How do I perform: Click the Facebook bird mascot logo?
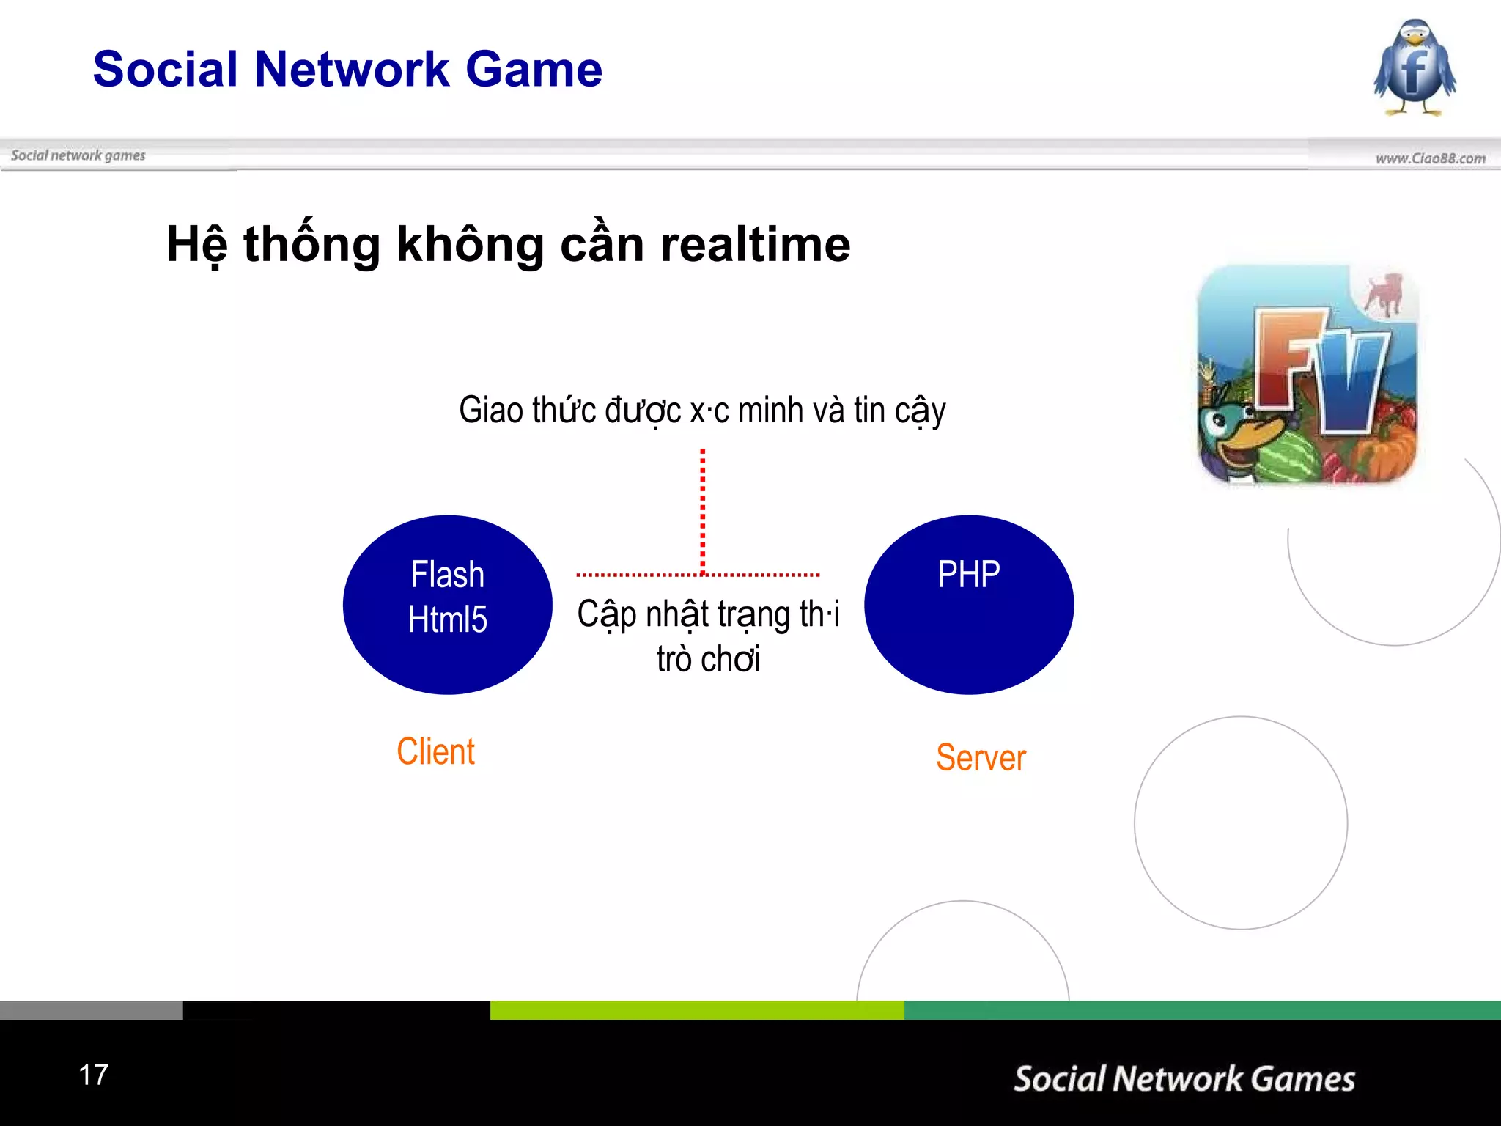click(x=1415, y=68)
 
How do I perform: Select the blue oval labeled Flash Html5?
click(x=448, y=605)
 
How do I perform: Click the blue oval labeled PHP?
click(x=969, y=605)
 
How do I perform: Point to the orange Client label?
click(x=435, y=752)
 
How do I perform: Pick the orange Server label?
click(x=981, y=758)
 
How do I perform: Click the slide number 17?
click(x=94, y=1075)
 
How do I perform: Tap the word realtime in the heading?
click(x=755, y=244)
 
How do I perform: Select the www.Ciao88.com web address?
click(x=1430, y=158)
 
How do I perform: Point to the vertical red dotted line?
click(x=703, y=509)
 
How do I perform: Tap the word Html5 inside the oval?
click(x=448, y=620)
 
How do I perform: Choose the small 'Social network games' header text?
click(x=78, y=155)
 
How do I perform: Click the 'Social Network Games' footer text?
click(x=1184, y=1079)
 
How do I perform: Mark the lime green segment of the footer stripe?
click(x=696, y=1010)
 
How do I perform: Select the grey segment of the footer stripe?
click(x=91, y=1010)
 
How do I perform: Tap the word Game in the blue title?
click(x=534, y=70)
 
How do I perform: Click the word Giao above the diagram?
click(x=490, y=410)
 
